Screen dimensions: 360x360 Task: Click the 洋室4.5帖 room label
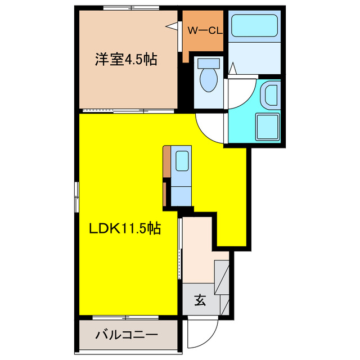tap(125, 58)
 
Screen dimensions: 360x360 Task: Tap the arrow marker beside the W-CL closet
tap(174, 25)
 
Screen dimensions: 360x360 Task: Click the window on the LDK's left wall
tap(76, 197)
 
